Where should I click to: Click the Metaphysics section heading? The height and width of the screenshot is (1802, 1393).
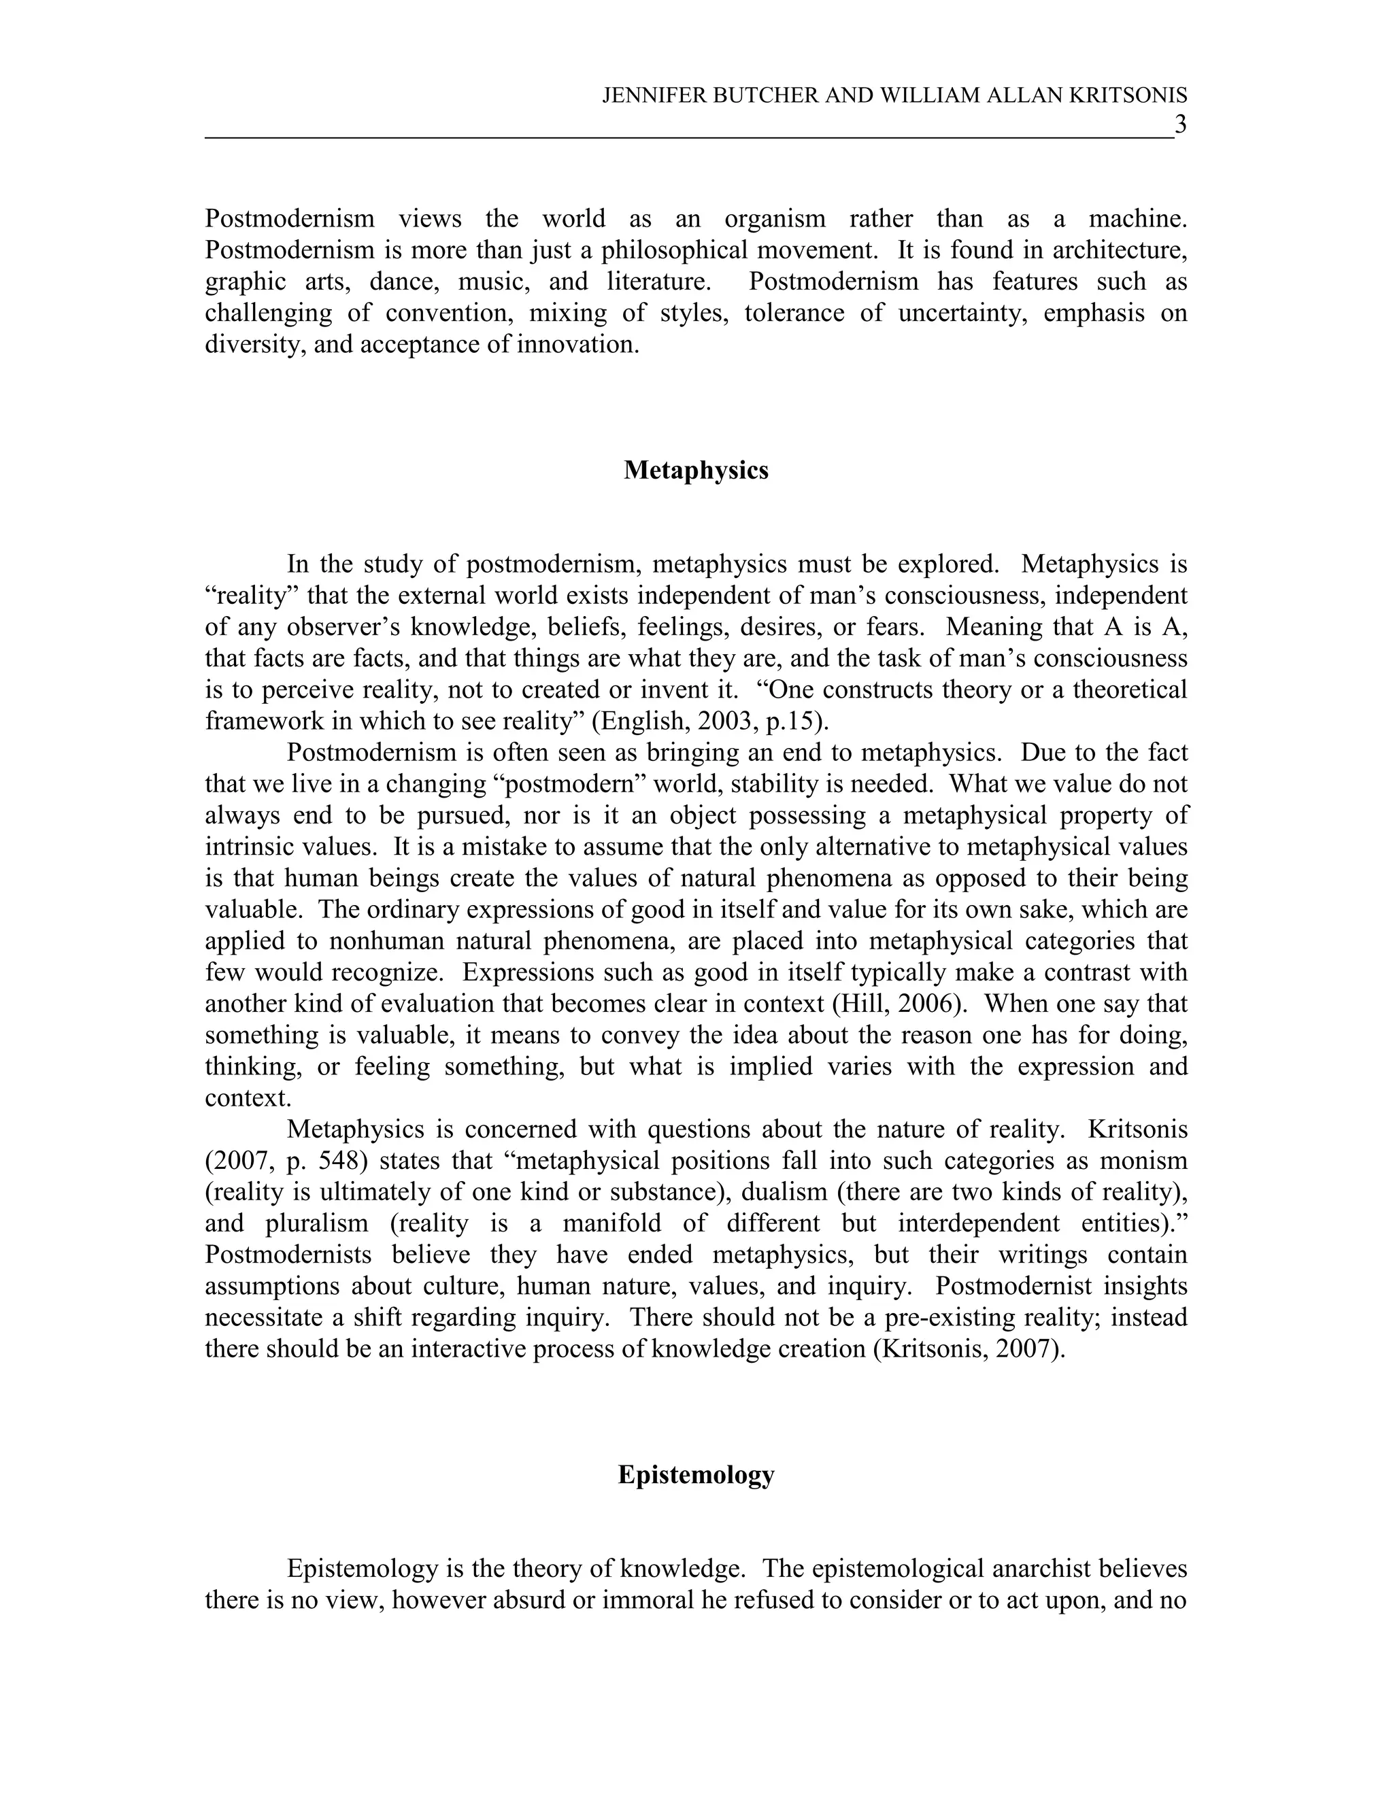click(696, 471)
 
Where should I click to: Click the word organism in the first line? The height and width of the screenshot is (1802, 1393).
click(774, 219)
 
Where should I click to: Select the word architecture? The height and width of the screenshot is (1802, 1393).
click(1118, 250)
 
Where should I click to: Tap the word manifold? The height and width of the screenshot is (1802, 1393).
click(611, 1223)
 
